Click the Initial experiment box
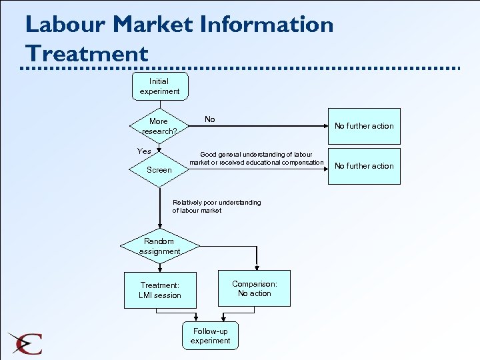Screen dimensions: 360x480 pyautogui.click(x=159, y=86)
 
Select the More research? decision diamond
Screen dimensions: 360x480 pyautogui.click(x=159, y=126)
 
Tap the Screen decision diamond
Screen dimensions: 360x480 pyautogui.click(x=159, y=170)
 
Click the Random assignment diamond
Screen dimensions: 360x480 pyautogui.click(x=159, y=246)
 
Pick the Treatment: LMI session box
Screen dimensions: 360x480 pyautogui.click(x=160, y=290)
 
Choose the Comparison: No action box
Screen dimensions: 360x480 pyautogui.click(x=255, y=288)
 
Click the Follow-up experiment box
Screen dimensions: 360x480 pyautogui.click(x=210, y=336)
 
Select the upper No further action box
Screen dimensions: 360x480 pyautogui.click(x=364, y=126)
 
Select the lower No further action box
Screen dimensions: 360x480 pyautogui.click(x=364, y=166)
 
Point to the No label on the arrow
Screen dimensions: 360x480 pyautogui.click(x=210, y=119)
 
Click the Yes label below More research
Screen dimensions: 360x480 pyautogui.click(x=144, y=151)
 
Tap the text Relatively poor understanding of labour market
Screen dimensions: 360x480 pyautogui.click(x=217, y=207)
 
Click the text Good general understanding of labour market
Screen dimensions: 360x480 pyautogui.click(x=256, y=159)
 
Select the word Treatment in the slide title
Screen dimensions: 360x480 pyautogui.click(x=87, y=53)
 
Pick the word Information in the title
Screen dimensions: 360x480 pyautogui.click(x=267, y=25)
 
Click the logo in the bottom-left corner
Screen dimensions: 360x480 pyautogui.click(x=25, y=343)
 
